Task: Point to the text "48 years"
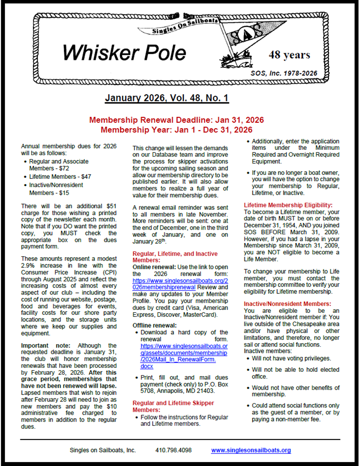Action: click(289, 55)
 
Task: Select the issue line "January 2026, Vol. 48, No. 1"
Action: click(167, 99)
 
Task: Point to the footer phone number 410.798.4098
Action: click(174, 450)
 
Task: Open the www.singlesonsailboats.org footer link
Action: click(251, 450)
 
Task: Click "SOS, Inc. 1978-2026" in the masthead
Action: click(284, 73)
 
